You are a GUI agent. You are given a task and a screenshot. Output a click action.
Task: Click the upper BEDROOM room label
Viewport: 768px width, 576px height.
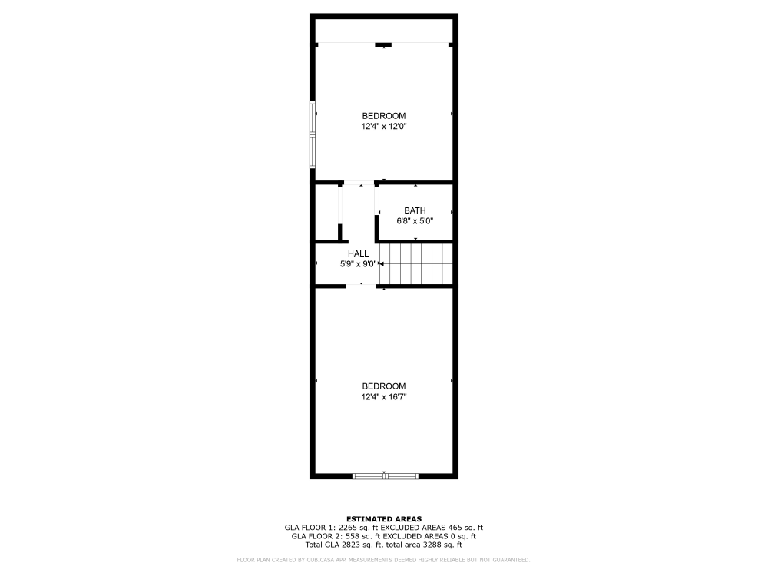pos(384,116)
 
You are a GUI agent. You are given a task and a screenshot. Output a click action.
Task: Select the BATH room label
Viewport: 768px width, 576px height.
pos(415,210)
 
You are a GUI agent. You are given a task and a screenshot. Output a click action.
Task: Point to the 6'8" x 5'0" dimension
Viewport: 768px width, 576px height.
pos(415,220)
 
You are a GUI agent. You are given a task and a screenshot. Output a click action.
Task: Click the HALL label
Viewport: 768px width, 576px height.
pos(358,253)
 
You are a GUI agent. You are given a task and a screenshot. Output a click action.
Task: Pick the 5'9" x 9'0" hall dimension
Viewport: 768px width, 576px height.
pos(359,263)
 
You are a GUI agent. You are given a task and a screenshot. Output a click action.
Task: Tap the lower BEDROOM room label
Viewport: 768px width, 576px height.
pos(384,386)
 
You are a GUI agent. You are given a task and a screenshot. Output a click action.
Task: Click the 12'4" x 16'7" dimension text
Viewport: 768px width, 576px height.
pos(384,396)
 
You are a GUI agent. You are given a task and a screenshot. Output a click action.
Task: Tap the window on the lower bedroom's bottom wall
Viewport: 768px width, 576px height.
pos(385,476)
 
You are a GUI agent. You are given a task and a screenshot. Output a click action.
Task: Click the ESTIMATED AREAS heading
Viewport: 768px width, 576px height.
pos(384,519)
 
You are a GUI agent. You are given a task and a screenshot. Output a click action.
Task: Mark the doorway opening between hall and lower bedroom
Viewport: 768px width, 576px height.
pos(361,286)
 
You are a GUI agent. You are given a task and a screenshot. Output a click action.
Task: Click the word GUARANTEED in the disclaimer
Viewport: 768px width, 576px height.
pos(511,560)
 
